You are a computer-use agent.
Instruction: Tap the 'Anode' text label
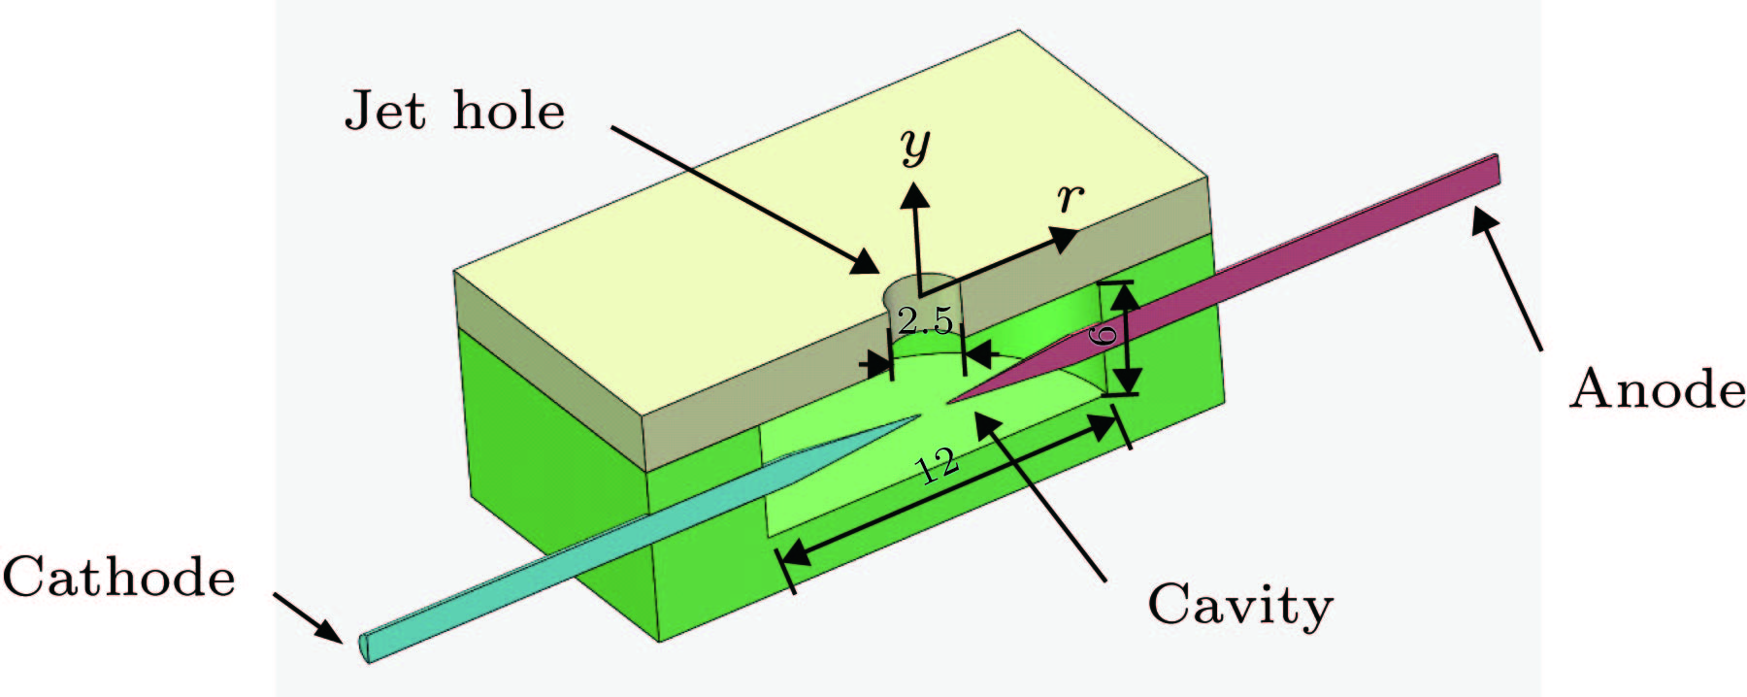1657,389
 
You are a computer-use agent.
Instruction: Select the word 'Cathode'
118,577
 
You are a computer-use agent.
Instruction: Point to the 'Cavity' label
1239,606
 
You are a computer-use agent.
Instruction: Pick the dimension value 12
939,467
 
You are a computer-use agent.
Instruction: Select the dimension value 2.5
925,319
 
